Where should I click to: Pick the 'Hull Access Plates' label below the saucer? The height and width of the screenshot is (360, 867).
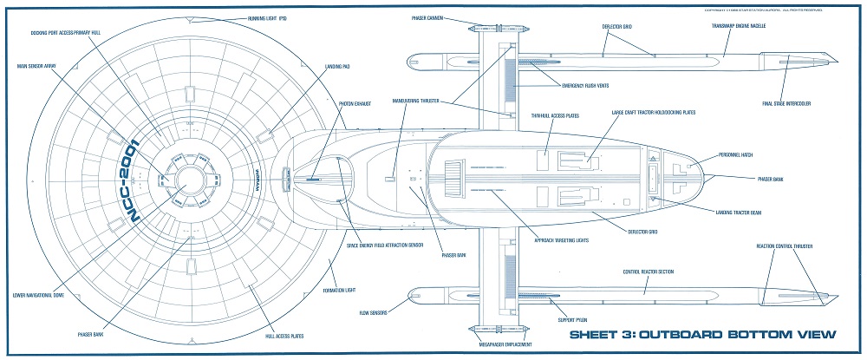pos(282,337)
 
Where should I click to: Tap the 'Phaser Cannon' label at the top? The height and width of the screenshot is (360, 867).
pos(427,16)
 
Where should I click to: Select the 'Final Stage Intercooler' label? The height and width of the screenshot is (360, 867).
pos(786,105)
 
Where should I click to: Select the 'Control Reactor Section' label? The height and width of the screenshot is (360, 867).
pos(655,272)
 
